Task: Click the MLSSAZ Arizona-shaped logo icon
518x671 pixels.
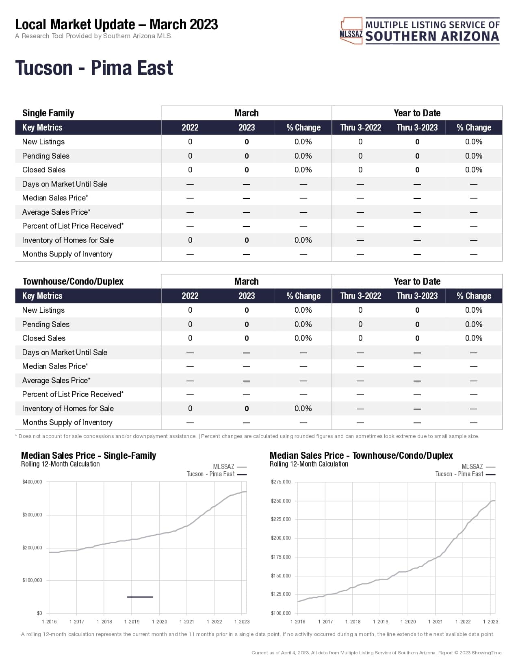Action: coord(351,30)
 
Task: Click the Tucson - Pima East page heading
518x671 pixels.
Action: coord(94,68)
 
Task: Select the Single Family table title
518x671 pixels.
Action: coord(48,113)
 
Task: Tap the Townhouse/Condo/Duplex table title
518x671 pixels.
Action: coord(73,281)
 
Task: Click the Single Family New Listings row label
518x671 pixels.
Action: coord(43,142)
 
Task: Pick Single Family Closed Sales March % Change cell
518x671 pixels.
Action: coord(303,170)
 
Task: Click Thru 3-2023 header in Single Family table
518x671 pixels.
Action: coord(417,128)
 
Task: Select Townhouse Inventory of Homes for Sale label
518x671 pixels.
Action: coord(68,408)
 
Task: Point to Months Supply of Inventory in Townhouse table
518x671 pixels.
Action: coord(67,423)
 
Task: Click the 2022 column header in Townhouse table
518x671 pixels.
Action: coord(190,296)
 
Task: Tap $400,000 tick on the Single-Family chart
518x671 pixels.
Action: coord(33,482)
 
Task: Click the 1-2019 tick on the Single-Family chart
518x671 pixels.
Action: coord(132,621)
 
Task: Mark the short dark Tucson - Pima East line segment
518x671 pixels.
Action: coord(140,597)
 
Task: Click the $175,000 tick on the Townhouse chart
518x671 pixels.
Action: coord(281,557)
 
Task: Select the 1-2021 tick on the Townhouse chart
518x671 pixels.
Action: coord(435,621)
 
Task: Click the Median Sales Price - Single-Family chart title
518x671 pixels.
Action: coord(89,455)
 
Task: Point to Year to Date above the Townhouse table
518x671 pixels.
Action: coord(417,281)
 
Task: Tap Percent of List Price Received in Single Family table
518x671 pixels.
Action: coord(73,226)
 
